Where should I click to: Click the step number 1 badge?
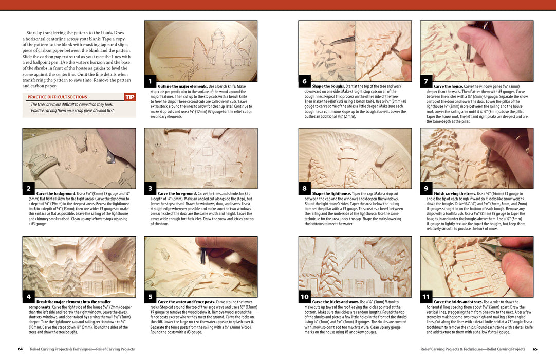coord(150,81)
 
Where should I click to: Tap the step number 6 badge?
coord(304,81)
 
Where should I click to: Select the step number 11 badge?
coord(426,297)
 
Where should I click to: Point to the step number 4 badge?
coord(29,297)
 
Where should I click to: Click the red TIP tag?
coord(130,97)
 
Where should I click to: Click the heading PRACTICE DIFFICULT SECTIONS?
coord(57,97)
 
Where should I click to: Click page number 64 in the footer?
coord(20,349)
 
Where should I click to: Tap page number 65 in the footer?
coord(535,349)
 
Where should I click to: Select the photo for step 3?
coord(200,158)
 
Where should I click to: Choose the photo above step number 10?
coord(355,266)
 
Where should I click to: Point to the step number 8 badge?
coord(304,189)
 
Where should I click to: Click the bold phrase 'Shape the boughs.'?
coord(328,86)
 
